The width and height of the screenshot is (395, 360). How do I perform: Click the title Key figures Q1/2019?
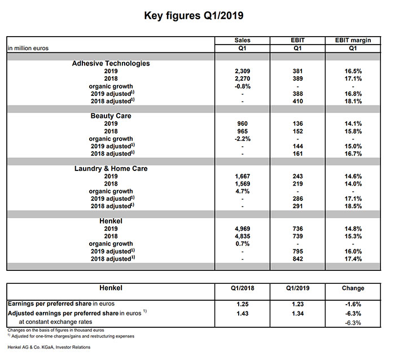197,15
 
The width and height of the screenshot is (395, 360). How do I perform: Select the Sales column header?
242,41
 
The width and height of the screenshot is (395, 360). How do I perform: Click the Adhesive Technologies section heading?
111,64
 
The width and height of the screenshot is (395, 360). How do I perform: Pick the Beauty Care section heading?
111,116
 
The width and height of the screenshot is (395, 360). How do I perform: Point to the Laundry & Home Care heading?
111,169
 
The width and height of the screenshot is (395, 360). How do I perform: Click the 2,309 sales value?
242,72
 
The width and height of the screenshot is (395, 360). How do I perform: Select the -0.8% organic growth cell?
242,86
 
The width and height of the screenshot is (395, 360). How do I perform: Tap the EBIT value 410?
297,102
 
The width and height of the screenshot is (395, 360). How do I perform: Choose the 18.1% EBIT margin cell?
353,102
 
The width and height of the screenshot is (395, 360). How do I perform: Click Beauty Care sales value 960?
242,124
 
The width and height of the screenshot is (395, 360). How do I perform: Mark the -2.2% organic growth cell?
242,139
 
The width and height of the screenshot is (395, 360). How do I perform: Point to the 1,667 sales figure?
242,177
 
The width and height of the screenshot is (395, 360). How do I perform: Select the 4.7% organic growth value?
242,191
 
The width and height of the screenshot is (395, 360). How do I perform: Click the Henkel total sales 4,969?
242,229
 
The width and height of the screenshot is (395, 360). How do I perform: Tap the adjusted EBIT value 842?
297,258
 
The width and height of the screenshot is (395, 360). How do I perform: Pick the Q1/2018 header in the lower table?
242,288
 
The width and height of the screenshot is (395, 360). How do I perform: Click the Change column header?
353,288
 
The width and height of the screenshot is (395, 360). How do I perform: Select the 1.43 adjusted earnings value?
242,313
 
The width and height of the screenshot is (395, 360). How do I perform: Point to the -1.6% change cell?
353,304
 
